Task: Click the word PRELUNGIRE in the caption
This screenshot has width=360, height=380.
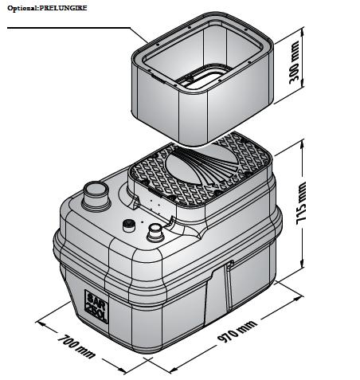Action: pyautogui.click(x=63, y=8)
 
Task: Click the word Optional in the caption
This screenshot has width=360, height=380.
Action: pyautogui.click(x=22, y=8)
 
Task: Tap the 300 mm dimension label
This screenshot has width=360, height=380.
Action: pyautogui.click(x=294, y=62)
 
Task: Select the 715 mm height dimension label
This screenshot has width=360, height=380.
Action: pyautogui.click(x=301, y=203)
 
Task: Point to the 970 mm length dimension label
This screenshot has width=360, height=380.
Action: pyautogui.click(x=237, y=331)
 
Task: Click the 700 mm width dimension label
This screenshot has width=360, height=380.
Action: pyautogui.click(x=76, y=347)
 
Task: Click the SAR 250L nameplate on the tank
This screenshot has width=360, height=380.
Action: pyautogui.click(x=96, y=306)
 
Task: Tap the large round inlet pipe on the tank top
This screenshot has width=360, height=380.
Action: pyautogui.click(x=96, y=196)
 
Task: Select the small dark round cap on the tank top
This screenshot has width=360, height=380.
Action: pyautogui.click(x=129, y=225)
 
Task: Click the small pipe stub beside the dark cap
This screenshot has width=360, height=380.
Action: pyautogui.click(x=155, y=233)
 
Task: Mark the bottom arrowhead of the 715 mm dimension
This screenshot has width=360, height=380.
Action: pyautogui.click(x=302, y=264)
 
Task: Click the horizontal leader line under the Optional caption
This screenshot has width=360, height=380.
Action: pyautogui.click(x=68, y=28)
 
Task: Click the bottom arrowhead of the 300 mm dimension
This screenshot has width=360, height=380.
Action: pyautogui.click(x=302, y=85)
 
